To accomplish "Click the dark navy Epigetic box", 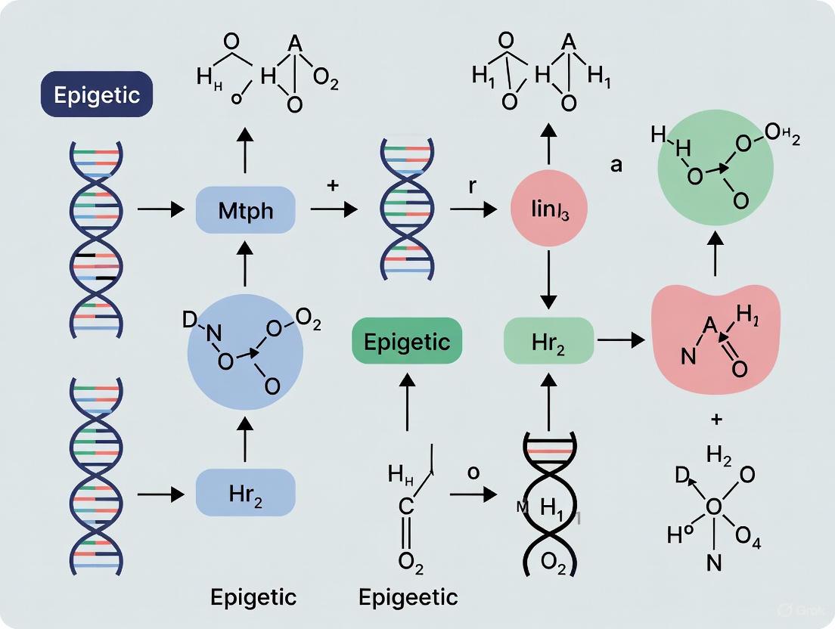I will pyautogui.click(x=97, y=95).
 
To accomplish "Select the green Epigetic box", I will pyautogui.click(x=408, y=342).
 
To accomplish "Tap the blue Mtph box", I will pyautogui.click(x=245, y=209).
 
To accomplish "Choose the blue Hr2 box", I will pyautogui.click(x=245, y=492).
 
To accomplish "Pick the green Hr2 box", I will pyautogui.click(x=548, y=342).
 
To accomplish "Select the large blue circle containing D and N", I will pyautogui.click(x=245, y=354).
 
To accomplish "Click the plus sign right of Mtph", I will pyautogui.click(x=333, y=186).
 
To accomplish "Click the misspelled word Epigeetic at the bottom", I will pyautogui.click(x=408, y=597).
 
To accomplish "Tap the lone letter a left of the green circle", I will pyautogui.click(x=616, y=164).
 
